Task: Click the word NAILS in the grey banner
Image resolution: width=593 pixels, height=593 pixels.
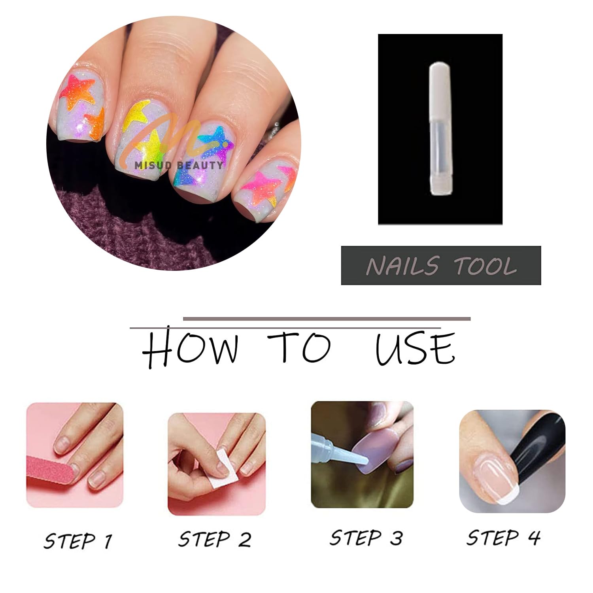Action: (402, 266)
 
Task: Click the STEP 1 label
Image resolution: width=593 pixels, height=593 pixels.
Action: (78, 540)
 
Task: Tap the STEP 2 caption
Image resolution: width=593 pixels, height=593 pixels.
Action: (215, 539)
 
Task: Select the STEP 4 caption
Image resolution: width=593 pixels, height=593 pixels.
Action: (503, 538)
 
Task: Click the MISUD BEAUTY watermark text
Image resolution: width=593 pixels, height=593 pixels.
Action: (178, 165)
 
